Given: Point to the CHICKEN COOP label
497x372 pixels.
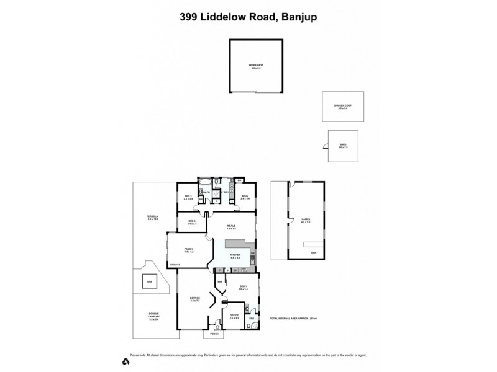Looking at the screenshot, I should [x=342, y=106].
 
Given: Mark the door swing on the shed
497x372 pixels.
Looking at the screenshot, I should [x=325, y=147].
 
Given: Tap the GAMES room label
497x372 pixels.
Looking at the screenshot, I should [x=305, y=219].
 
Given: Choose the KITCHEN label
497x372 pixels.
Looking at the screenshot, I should [x=235, y=255].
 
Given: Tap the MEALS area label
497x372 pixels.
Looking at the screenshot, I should [x=231, y=226].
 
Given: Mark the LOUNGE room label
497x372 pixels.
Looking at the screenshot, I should [x=194, y=299].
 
